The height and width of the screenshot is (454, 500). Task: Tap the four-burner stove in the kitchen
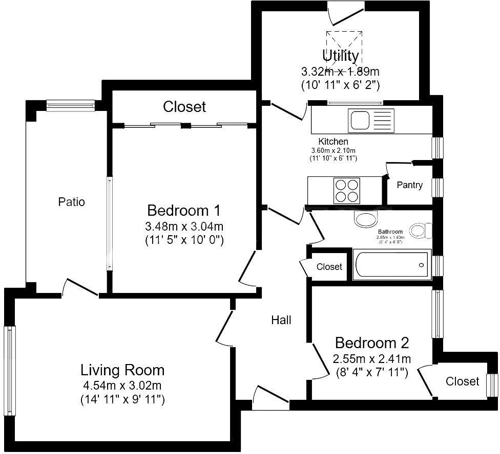pos(346,190)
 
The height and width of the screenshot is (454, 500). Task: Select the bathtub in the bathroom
pos(391,265)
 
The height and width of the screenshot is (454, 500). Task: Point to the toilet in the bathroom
pos(422,231)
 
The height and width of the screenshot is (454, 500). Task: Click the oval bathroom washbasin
pos(366,220)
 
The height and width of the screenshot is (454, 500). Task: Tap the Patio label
pos(71,202)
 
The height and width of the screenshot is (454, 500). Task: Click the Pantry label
pos(409,185)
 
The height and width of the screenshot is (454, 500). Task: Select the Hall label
pos(281,320)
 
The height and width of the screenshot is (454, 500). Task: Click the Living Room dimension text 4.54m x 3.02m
pos(122,385)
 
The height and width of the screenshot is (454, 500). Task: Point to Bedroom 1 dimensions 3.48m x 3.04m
pos(184,226)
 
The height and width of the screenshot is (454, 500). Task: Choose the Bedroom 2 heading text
pos(372,342)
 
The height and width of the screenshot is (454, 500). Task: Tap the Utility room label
pos(340,55)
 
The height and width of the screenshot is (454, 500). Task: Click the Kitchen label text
pos(333,142)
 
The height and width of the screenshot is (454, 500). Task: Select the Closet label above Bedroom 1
pos(184,107)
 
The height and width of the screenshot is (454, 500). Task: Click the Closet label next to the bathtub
pos(329,267)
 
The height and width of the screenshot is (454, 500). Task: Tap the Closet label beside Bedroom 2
pos(462,381)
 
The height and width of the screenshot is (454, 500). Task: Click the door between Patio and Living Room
pos(80,288)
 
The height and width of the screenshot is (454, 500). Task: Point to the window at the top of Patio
pos(71,105)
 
